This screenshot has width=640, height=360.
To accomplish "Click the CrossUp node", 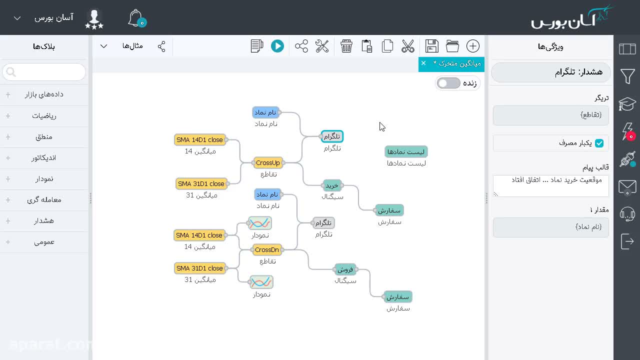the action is click(x=267, y=163).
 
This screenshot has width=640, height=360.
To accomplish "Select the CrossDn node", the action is click(x=267, y=249).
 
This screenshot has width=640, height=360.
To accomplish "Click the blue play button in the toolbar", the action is click(x=277, y=46).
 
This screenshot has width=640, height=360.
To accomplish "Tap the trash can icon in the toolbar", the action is click(x=346, y=46).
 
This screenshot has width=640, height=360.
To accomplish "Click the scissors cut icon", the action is click(x=407, y=46).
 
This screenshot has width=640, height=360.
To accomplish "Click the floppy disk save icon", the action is click(x=431, y=46).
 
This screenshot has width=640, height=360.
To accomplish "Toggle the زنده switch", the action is click(x=448, y=83).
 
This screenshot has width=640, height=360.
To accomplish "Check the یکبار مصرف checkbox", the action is click(x=599, y=143).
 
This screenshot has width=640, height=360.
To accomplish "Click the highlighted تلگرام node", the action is click(x=332, y=136).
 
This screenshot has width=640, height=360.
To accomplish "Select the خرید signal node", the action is click(x=332, y=185).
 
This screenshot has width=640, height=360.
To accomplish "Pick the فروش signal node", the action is click(x=345, y=269).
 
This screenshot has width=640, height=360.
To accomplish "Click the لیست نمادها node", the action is click(x=406, y=152).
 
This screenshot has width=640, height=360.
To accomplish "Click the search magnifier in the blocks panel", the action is click(x=11, y=72).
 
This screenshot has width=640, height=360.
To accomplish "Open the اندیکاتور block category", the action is click(x=44, y=158).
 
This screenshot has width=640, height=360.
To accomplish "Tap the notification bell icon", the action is click(x=136, y=18).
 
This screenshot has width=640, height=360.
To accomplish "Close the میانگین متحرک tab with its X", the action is click(x=423, y=63).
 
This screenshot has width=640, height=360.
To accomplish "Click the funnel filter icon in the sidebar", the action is click(x=627, y=76).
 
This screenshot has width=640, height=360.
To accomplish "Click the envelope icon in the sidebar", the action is click(x=627, y=187).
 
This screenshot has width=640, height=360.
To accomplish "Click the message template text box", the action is click(x=551, y=185).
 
